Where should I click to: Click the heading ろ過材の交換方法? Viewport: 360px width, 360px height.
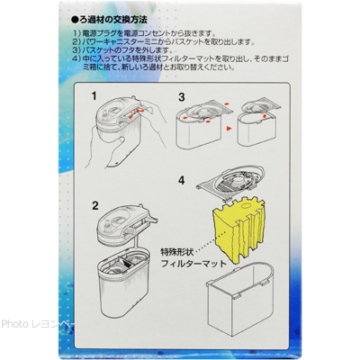[109, 20]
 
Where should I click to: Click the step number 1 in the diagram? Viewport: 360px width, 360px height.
[94, 96]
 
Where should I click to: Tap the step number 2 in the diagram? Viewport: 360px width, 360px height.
[95, 205]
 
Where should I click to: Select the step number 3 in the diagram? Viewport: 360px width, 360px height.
[182, 97]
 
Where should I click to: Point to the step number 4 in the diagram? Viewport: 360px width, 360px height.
[182, 180]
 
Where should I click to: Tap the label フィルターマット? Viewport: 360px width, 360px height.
[193, 264]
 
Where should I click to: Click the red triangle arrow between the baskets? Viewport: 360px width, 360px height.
[229, 129]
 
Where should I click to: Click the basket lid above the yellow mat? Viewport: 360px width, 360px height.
[231, 183]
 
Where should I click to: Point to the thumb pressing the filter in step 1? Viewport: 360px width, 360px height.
[119, 141]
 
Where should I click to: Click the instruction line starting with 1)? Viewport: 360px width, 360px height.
[143, 32]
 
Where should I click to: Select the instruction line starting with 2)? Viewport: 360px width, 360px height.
[164, 41]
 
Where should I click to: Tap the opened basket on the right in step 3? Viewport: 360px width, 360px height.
[259, 122]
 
